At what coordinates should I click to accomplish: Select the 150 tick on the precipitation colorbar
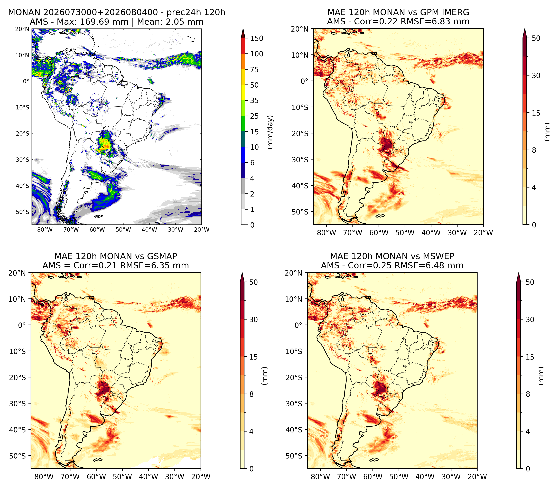click(257, 38)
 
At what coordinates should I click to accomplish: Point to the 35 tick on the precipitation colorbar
click(254, 100)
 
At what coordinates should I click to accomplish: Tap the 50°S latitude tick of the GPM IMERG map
click(300, 212)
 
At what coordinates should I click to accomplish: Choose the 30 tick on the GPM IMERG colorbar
click(536, 76)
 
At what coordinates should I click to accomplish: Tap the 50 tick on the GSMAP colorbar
click(254, 282)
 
